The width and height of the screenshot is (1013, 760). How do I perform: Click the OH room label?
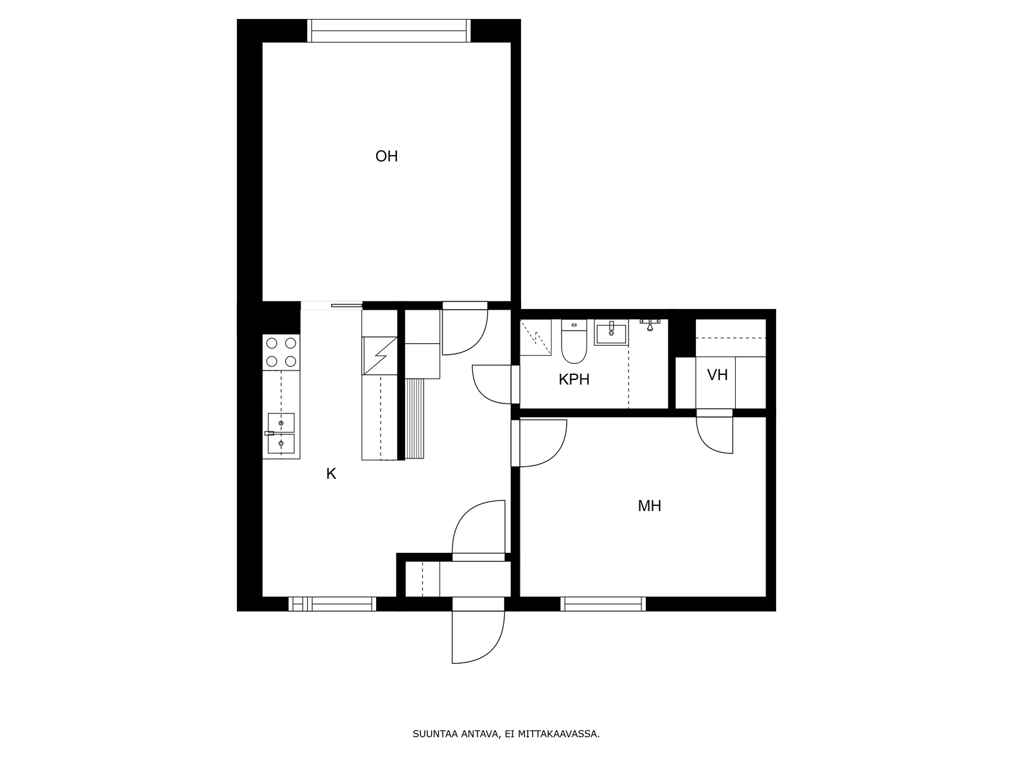386,156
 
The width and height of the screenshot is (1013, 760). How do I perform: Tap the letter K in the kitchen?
330,474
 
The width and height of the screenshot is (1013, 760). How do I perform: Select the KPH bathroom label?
574,379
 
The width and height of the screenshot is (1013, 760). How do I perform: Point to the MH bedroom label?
649,506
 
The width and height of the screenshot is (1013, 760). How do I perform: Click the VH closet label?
717,375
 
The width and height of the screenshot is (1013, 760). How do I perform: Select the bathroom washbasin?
611,333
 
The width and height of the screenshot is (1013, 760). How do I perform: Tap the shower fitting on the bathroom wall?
650,325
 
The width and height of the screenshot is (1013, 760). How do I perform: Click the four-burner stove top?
281,352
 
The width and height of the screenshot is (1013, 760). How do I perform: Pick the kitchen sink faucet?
270,433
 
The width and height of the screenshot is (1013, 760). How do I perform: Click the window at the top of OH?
389,30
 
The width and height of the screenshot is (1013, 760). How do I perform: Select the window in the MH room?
603,604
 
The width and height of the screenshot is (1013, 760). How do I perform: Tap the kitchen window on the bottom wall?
332,604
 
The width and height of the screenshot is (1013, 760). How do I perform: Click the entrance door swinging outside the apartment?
478,636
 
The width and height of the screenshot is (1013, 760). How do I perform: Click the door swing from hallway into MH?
542,443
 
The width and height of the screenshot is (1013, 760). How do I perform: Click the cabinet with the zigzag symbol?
379,356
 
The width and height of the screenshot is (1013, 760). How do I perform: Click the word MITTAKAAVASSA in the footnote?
558,735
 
